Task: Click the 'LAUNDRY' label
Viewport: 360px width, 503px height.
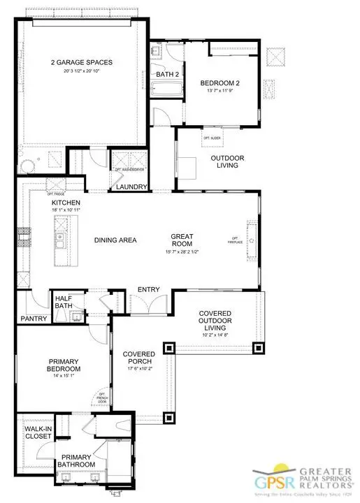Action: point(131,187)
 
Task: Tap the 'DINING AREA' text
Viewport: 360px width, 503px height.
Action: point(115,240)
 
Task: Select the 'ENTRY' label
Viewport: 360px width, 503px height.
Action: point(147,289)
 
